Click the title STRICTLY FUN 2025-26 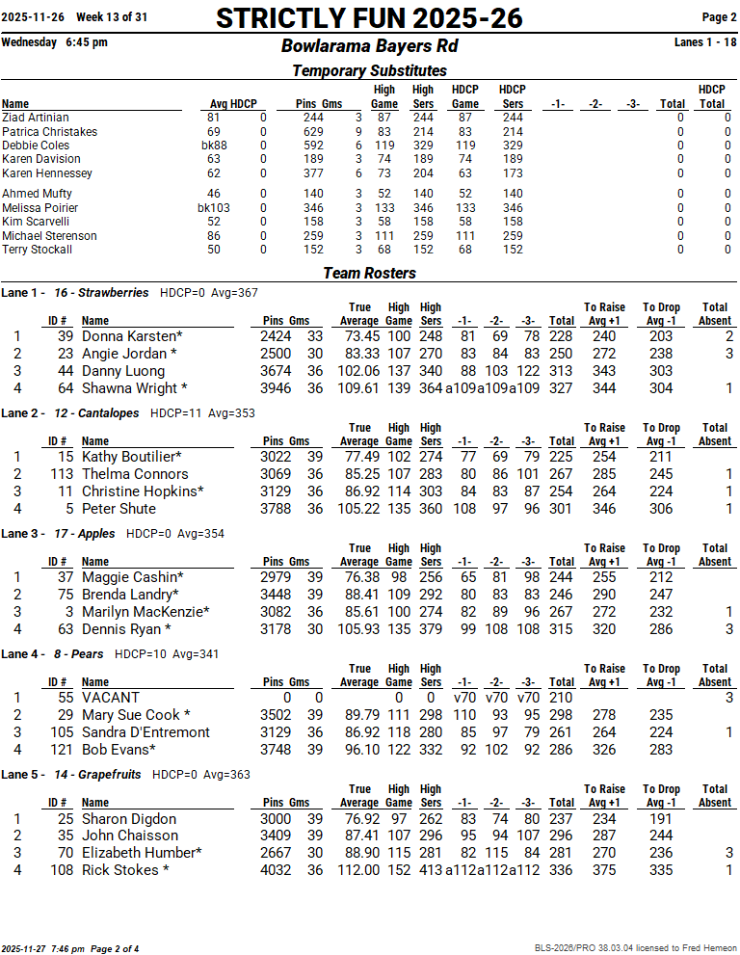pos(369,18)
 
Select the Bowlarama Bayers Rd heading pos(369,46)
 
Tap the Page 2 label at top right pos(719,17)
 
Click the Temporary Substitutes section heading pos(369,70)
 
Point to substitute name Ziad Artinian pos(36,118)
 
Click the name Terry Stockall pos(38,250)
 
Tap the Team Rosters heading pos(369,273)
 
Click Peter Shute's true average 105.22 pos(358,509)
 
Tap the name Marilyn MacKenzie pos(145,612)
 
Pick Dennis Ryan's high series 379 pos(431,629)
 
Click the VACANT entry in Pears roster pos(111,698)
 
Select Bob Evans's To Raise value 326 pos(603,750)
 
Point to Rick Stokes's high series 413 pos(431,870)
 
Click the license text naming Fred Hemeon pos(636,948)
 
